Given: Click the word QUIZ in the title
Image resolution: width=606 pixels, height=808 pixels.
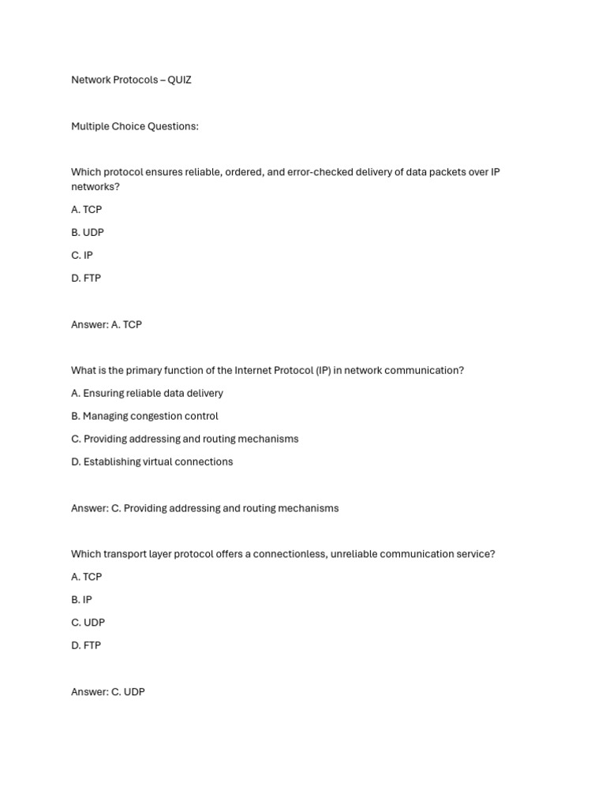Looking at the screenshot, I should (x=179, y=80).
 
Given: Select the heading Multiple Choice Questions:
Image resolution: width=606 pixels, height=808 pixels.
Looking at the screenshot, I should (x=135, y=126).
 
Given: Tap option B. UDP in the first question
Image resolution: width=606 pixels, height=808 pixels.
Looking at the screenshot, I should (x=88, y=233).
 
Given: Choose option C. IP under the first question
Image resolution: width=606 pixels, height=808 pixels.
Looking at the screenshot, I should (x=82, y=256).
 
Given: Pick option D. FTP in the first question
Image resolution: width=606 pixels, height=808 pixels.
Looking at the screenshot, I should (x=86, y=279).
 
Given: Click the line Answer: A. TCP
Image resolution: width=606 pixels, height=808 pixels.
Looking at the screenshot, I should (x=107, y=324).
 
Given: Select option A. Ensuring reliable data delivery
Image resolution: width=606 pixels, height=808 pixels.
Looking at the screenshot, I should (x=147, y=393).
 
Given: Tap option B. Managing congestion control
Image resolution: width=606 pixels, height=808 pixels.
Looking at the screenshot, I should (x=144, y=416).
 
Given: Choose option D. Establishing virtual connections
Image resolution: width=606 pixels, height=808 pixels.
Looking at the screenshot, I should (x=151, y=462).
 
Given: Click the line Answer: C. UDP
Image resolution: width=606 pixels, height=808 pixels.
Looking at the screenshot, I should (x=108, y=692).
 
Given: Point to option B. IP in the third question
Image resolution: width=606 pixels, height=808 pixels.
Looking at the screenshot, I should (x=81, y=600).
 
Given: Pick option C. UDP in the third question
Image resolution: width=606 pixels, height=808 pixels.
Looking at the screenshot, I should (x=88, y=623).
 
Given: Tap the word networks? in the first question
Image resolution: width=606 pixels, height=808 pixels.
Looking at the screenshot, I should (x=95, y=187).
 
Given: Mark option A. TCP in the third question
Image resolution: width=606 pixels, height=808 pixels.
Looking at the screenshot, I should (x=86, y=577).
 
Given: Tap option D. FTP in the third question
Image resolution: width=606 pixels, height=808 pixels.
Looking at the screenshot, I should (x=86, y=645).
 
